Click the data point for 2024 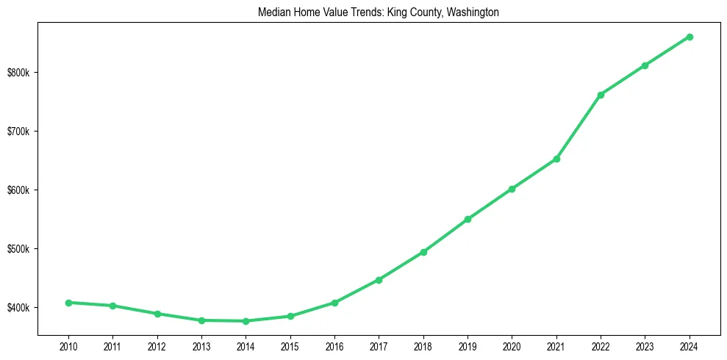[x=690, y=37]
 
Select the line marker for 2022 [x=601, y=95]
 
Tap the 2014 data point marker [x=246, y=321]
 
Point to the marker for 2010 [x=68, y=303]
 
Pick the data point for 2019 [x=468, y=219]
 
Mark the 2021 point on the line [x=556, y=159]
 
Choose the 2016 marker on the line [x=334, y=303]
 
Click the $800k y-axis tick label [x=21, y=73]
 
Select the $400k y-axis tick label [x=21, y=307]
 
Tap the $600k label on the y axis [x=21, y=190]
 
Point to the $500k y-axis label [x=21, y=248]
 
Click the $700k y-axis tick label [x=21, y=132]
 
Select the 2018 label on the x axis [x=423, y=345]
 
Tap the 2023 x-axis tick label [x=645, y=345]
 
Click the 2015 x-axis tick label [x=290, y=345]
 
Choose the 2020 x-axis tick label [x=512, y=345]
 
